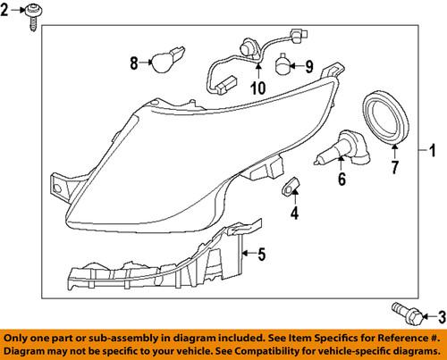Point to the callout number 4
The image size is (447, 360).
[x=294, y=213]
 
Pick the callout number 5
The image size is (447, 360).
[x=261, y=255]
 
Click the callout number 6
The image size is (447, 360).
[x=340, y=180]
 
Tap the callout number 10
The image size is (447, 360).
[x=258, y=88]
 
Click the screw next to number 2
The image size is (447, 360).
[x=33, y=18]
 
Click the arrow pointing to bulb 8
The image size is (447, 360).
[x=145, y=63]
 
